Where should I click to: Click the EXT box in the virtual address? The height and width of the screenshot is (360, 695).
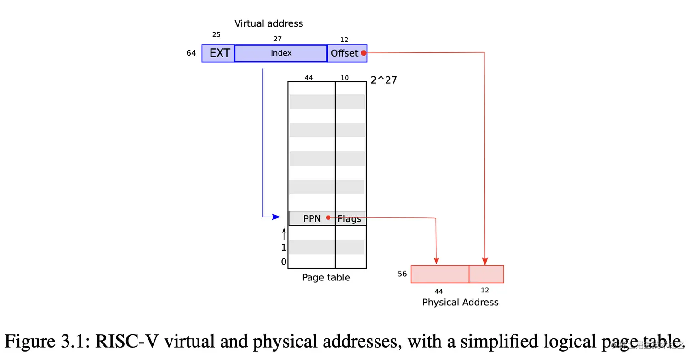[218, 53]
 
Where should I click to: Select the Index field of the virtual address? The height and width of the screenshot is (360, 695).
[281, 53]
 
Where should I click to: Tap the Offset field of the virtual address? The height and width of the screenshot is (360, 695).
[344, 53]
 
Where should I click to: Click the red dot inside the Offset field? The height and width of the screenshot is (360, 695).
[364, 53]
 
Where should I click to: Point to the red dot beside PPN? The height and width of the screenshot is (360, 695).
[328, 217]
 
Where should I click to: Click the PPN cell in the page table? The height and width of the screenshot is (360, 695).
[312, 219]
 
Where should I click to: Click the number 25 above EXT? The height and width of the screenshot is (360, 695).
[216, 34]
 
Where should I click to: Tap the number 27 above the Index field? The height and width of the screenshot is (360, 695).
[277, 39]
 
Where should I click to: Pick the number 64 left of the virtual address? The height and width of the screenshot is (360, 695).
[191, 53]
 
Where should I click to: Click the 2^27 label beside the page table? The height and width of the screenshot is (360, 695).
[383, 80]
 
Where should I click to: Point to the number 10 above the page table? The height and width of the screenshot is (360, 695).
[345, 78]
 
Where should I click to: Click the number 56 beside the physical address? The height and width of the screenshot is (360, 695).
[402, 274]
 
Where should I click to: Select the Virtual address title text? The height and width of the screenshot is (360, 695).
[269, 23]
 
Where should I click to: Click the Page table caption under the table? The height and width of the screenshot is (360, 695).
[326, 278]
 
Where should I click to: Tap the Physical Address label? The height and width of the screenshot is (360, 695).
[460, 303]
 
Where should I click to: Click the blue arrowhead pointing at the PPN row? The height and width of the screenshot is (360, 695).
[276, 217]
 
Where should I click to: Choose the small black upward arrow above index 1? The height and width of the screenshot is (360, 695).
[284, 234]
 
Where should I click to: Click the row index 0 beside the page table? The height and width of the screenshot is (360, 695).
[284, 262]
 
